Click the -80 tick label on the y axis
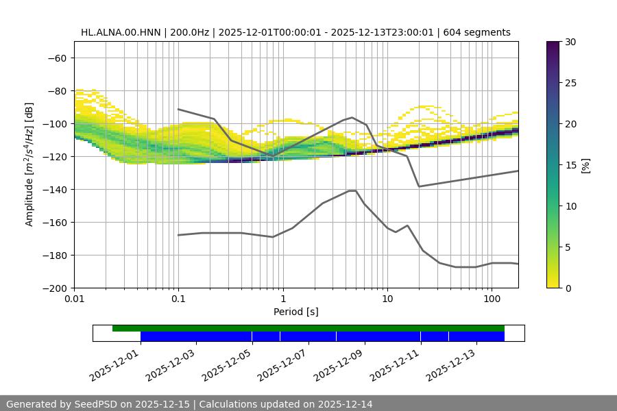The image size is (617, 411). pyautogui.click(x=56, y=90)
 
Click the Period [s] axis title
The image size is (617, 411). pyautogui.click(x=295, y=312)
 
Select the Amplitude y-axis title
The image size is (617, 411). pyautogui.click(x=29, y=164)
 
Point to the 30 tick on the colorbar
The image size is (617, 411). pyautogui.click(x=570, y=42)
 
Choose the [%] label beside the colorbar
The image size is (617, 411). pyautogui.click(x=585, y=165)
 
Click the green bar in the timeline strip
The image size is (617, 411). pyautogui.click(x=308, y=328)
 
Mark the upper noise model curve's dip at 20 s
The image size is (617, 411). pyautogui.click(x=419, y=186)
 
